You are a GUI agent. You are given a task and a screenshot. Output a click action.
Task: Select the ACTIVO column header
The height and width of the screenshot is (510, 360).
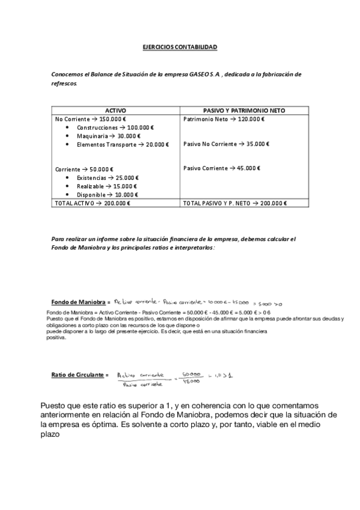point(116,111)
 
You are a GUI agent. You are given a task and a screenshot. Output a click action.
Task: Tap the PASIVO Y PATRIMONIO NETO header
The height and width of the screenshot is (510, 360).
point(244,111)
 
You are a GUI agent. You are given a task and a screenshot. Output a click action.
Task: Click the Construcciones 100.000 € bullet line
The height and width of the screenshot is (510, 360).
point(115,127)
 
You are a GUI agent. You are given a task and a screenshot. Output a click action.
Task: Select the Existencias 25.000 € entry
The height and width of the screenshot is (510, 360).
point(108,178)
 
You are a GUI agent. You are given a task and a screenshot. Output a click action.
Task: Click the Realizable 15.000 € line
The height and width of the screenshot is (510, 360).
point(106,186)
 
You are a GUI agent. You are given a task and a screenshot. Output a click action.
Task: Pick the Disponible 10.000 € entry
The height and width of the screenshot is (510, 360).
point(107,195)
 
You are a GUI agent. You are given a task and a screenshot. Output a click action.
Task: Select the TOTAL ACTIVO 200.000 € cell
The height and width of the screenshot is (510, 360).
point(93,203)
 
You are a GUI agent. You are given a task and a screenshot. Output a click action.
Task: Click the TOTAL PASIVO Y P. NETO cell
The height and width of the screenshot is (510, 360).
point(235,203)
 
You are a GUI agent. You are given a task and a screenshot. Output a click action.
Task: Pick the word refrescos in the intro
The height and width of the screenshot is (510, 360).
point(64,84)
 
